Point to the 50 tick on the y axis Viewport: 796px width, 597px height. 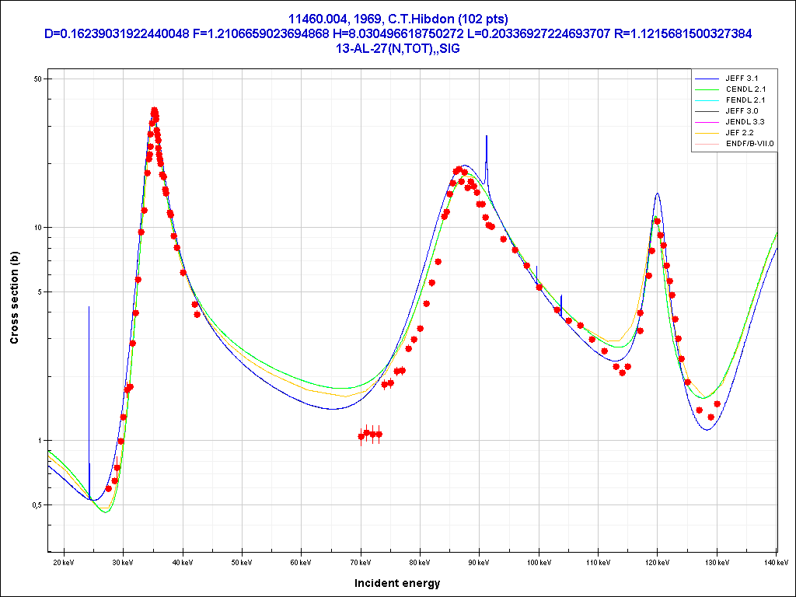click(37, 79)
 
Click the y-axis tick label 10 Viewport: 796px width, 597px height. click(37, 228)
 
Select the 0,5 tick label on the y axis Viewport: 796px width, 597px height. click(34, 505)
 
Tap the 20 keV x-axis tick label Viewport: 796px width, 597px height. click(64, 561)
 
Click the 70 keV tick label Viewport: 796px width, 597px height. click(361, 561)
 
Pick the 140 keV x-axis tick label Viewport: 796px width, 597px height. click(776, 561)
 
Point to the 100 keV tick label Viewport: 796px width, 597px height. click(539, 561)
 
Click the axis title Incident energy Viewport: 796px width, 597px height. click(397, 582)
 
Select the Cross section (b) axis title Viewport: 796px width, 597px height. click(14, 298)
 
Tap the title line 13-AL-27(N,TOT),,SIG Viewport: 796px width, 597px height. click(397, 47)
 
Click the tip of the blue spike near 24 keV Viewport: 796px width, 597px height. click(89, 307)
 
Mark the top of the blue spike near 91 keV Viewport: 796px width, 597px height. click(487, 136)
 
